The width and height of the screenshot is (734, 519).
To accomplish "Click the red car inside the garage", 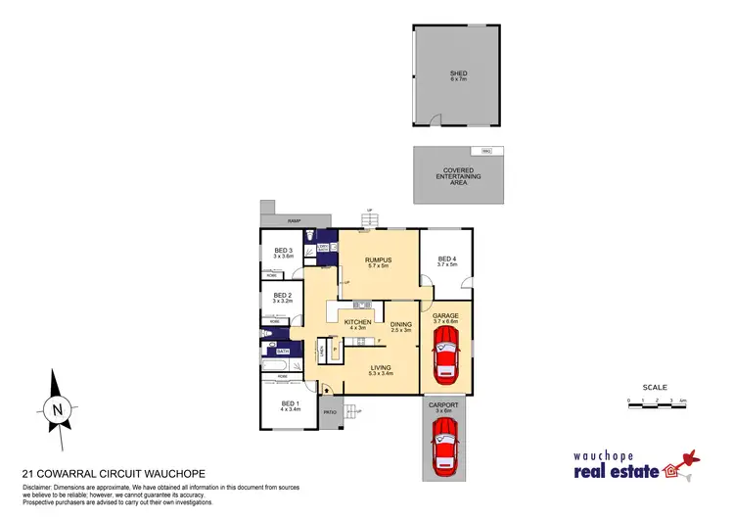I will tap(446, 355).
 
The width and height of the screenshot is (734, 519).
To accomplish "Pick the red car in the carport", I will tap(446, 451).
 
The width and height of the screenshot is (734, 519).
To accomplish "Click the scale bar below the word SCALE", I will tap(655, 401).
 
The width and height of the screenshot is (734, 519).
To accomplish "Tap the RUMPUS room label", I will tap(378, 260).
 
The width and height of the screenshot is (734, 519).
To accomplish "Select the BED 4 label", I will tap(446, 259).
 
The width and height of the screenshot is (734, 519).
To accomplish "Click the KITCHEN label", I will tap(357, 322).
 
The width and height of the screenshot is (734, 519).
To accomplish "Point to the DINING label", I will tap(401, 325).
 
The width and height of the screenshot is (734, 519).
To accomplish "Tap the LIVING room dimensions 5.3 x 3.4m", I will tap(381, 373).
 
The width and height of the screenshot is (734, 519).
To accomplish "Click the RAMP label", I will tap(292, 221).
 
